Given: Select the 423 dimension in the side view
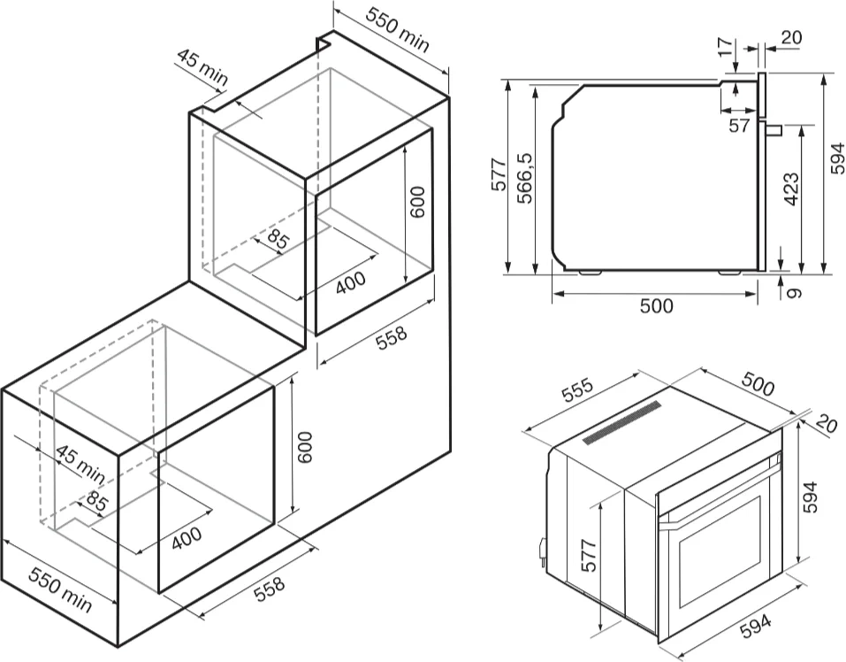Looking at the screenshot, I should point(790,189).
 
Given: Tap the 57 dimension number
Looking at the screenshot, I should point(740,126).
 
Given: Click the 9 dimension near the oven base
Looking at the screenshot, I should point(793,289).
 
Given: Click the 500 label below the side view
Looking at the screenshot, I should point(656,306).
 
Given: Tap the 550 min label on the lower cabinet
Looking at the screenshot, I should point(59,589).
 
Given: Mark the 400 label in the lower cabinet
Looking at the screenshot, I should point(186,536).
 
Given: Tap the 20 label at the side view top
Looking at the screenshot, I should point(791,37).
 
